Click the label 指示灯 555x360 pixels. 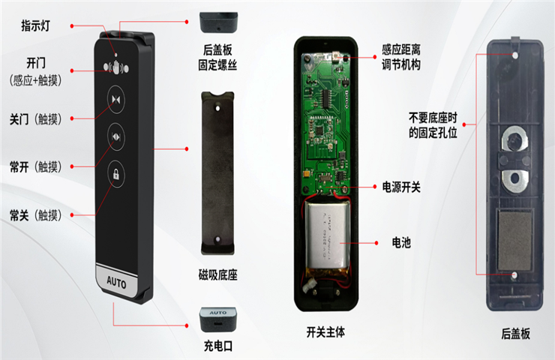(35, 25)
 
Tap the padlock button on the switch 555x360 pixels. (115, 174)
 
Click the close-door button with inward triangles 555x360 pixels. (115, 100)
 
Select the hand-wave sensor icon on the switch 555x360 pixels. (116, 67)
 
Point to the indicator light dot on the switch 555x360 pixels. (115, 55)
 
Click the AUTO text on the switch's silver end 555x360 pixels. (116, 282)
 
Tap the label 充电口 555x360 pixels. (217, 346)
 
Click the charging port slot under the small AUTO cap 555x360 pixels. (218, 323)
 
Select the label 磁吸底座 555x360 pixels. (217, 274)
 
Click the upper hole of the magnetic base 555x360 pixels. (217, 108)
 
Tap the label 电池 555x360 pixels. (401, 243)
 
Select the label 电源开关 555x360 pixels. (401, 187)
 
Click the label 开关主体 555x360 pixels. (325, 332)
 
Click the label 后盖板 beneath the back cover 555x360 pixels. (515, 334)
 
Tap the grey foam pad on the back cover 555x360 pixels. (514, 240)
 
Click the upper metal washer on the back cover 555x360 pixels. (514, 139)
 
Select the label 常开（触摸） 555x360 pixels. (35, 166)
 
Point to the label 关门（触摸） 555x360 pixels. (35, 119)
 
